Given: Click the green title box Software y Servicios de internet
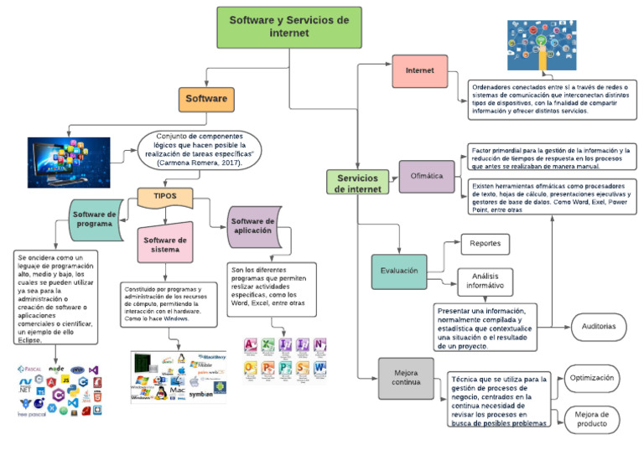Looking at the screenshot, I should [289, 27].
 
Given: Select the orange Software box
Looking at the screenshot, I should [205, 99].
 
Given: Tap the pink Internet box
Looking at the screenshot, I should [419, 71].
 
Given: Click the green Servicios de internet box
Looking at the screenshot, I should [357, 183].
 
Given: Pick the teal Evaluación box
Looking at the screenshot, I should [398, 271].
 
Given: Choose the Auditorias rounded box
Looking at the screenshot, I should [599, 326].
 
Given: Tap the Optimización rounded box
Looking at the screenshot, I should [592, 379].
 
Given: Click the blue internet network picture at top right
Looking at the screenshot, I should [541, 46].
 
